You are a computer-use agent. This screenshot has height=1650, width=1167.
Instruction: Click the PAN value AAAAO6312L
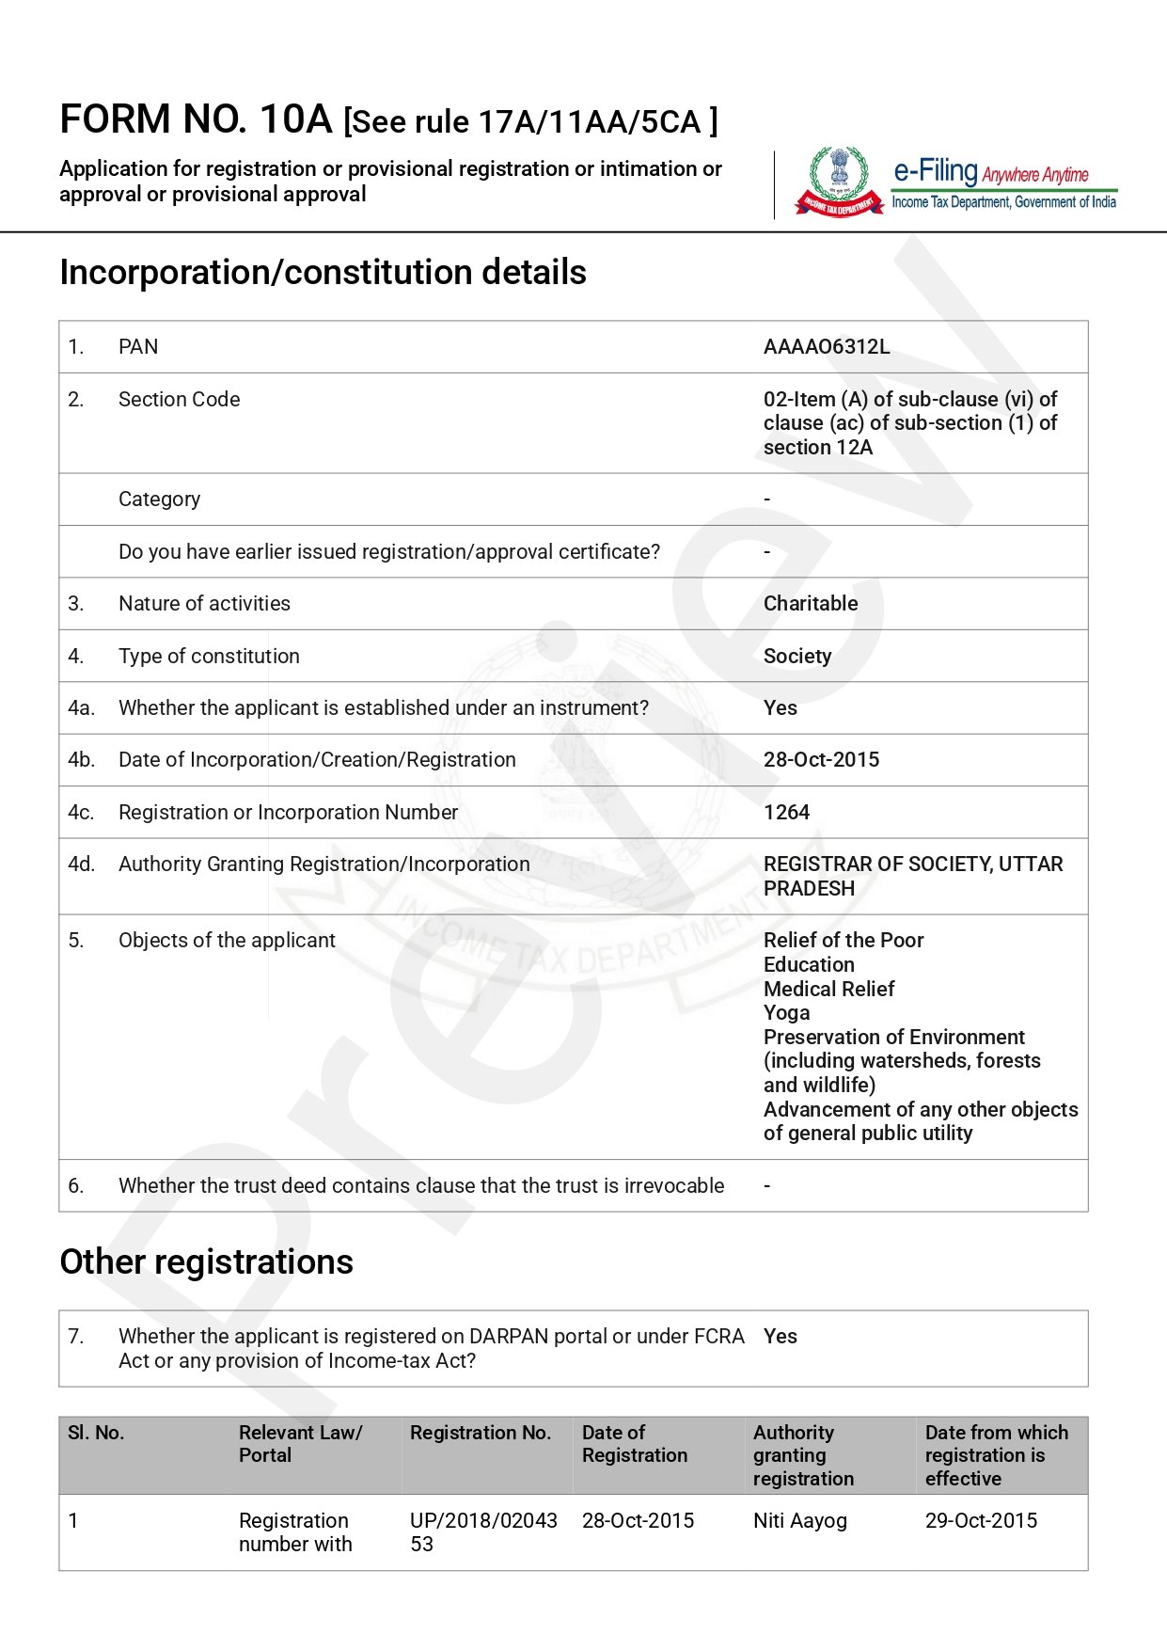click(826, 347)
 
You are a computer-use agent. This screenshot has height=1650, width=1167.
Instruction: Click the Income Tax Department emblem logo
click(839, 181)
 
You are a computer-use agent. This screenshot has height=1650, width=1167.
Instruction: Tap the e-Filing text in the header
click(935, 171)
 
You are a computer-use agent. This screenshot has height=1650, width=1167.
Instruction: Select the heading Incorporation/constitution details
click(323, 273)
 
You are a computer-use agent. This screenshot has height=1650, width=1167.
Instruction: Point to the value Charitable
click(810, 604)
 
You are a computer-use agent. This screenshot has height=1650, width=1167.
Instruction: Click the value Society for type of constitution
click(796, 657)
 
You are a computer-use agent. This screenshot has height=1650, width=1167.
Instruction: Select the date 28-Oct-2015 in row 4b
click(821, 760)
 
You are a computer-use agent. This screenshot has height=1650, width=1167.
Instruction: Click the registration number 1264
click(786, 813)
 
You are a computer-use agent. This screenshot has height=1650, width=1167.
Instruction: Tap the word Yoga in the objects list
click(786, 1013)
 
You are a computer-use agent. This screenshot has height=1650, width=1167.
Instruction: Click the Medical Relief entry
click(828, 990)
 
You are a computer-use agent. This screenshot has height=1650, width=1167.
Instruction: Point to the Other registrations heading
click(206, 1262)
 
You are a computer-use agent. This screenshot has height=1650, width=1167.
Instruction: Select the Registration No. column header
click(480, 1433)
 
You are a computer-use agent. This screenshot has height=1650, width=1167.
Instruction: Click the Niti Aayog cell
click(799, 1521)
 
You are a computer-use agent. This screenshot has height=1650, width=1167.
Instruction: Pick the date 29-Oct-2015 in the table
click(981, 1521)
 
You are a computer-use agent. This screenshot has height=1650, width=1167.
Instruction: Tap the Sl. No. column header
click(96, 1433)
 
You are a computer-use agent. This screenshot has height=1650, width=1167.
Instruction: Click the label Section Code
click(179, 400)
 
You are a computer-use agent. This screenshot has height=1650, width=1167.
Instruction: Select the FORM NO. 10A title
click(196, 119)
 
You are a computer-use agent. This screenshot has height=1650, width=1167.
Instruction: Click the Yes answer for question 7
click(780, 1337)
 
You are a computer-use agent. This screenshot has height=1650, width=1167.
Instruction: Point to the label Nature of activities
click(204, 604)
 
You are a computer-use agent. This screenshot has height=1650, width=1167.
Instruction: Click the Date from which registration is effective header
click(996, 1455)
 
